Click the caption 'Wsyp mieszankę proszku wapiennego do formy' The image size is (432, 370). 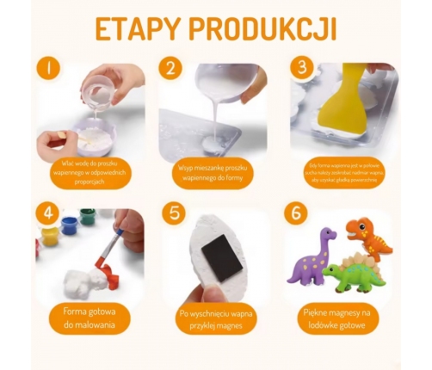214,169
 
